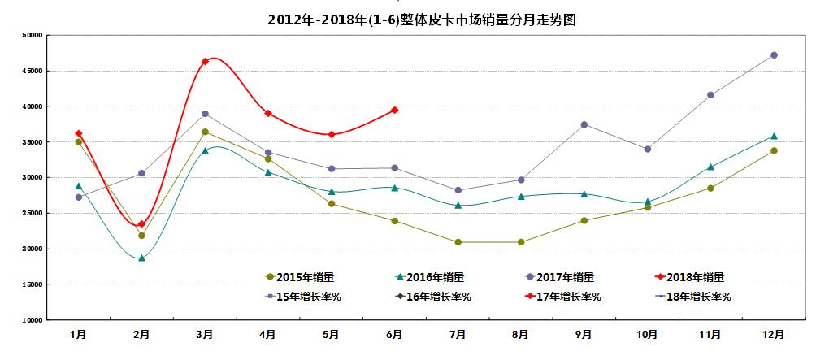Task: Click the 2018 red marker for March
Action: point(205,61)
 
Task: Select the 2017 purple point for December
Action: point(774,55)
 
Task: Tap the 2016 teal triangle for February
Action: point(141,258)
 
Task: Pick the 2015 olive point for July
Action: point(458,242)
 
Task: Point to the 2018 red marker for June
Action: point(395,110)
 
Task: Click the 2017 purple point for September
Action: point(584,124)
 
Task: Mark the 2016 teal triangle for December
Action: point(774,136)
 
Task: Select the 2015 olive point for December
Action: point(774,150)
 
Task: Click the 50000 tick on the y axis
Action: point(33,35)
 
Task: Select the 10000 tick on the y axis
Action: point(33,320)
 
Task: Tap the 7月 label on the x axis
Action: point(458,334)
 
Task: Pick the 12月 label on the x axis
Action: point(774,334)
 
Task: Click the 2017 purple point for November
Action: point(710,95)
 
